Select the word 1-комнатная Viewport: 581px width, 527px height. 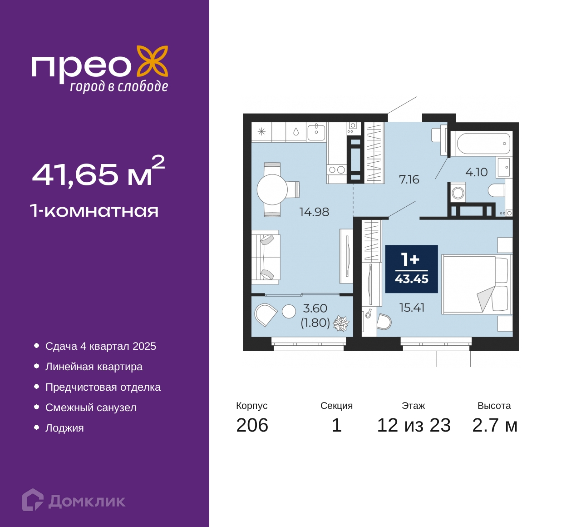(94, 211)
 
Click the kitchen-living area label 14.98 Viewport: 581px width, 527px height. (314, 212)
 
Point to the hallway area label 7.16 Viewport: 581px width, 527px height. (409, 179)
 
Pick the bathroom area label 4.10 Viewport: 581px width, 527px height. (477, 172)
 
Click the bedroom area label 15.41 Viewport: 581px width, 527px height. (412, 308)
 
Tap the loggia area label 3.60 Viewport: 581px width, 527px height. (315, 308)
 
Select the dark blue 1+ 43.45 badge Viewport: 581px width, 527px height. (411, 268)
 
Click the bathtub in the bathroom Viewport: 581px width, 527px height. (482, 143)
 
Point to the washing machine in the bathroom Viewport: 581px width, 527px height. (458, 192)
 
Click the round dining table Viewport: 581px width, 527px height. (272, 189)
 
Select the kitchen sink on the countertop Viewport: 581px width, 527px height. (316, 133)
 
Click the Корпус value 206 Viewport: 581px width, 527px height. (252, 425)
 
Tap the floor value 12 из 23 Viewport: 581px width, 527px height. (414, 425)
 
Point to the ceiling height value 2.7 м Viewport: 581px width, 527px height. (495, 425)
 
